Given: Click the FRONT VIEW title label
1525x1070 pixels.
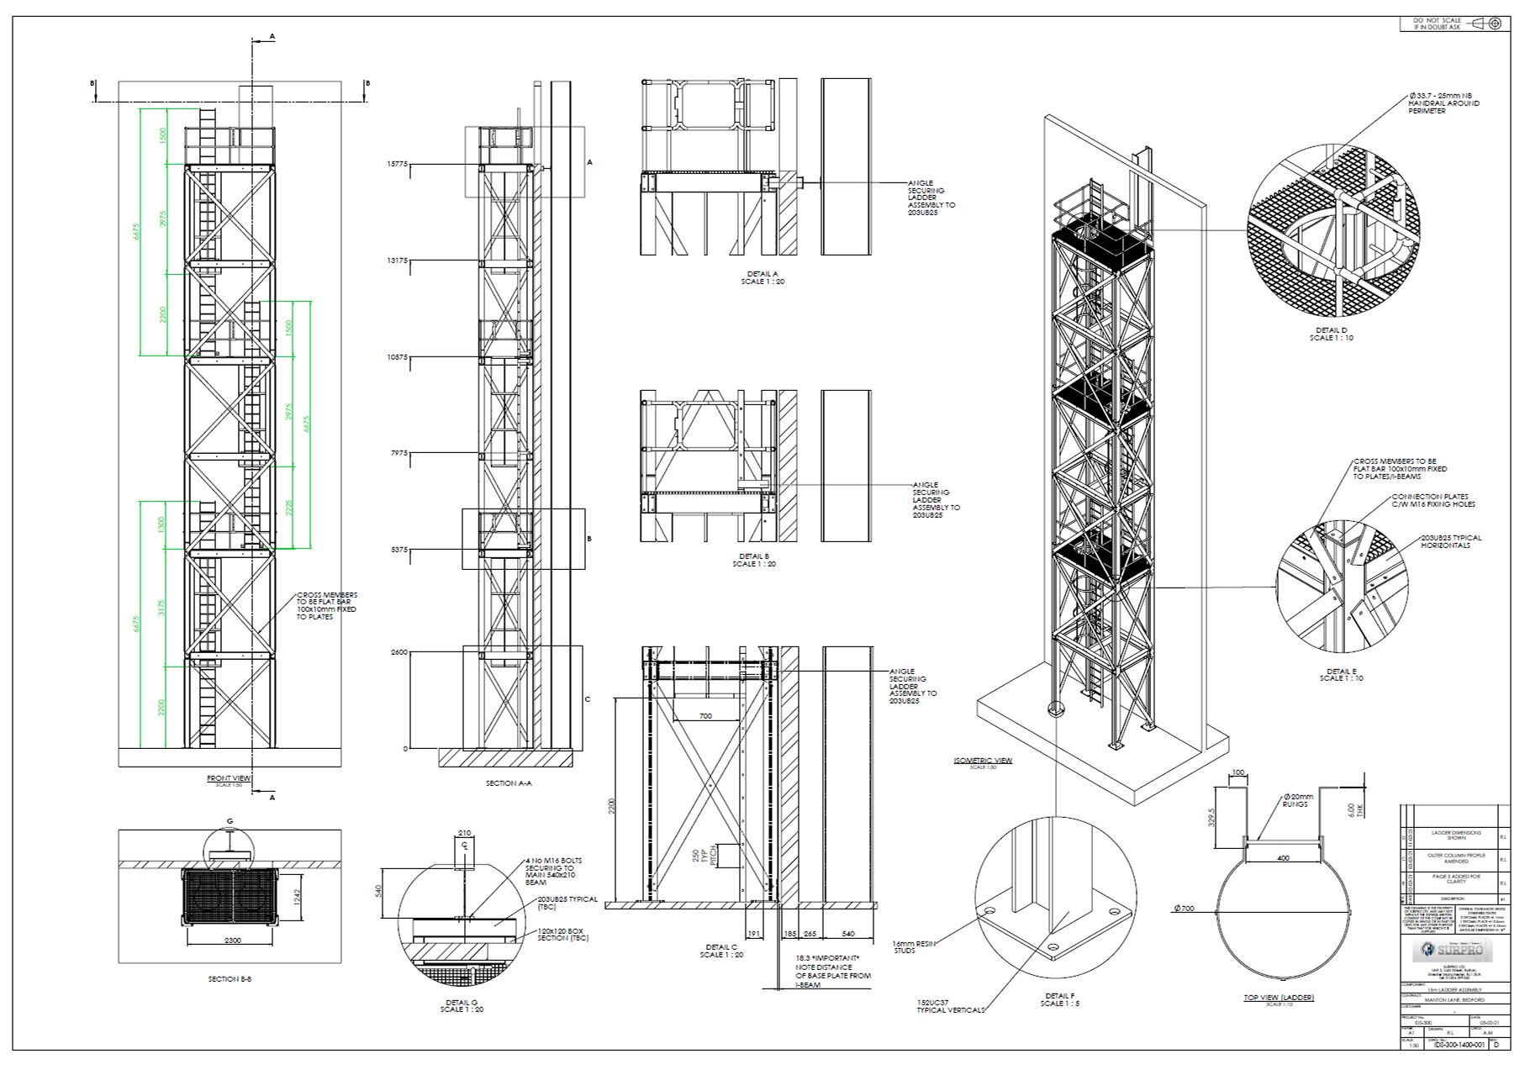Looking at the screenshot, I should point(229,778).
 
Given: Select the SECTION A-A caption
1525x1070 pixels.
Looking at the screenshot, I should point(509,783).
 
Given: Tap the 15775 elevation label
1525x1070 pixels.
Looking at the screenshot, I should point(397,164).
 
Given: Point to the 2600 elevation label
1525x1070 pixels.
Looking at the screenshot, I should point(398,652).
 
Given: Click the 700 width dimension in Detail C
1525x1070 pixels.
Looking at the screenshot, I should point(705,716).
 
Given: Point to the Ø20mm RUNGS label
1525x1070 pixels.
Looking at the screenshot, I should point(1297,800).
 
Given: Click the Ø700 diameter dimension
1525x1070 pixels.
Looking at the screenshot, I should point(1184,908).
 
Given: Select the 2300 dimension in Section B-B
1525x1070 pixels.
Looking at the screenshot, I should point(232,941).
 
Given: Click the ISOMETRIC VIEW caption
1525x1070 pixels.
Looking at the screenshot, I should point(982,761).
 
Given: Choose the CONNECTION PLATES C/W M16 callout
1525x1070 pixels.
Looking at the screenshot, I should point(1433,500).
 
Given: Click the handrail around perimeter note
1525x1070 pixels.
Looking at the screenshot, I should point(1443,103).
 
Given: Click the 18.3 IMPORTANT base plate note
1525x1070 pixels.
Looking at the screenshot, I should point(832,971).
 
